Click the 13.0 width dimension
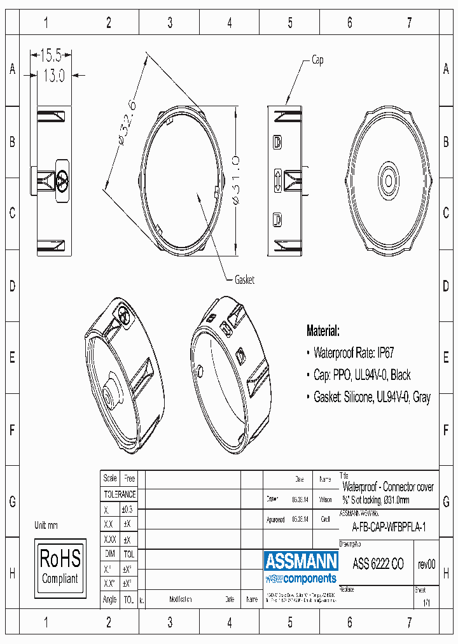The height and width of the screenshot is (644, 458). pyautogui.click(x=53, y=75)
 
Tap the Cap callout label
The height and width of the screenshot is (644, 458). pyautogui.click(x=317, y=60)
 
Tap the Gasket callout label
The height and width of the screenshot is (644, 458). pyautogui.click(x=244, y=280)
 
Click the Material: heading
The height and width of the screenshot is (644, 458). pyautogui.click(x=323, y=331)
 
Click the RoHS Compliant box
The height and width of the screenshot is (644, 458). pyautogui.click(x=60, y=566)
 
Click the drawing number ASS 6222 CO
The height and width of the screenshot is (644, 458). pyautogui.click(x=378, y=564)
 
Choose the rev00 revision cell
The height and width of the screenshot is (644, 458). pyautogui.click(x=426, y=564)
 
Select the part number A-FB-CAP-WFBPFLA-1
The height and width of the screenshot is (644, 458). pyautogui.click(x=389, y=528)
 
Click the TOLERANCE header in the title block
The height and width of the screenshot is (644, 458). pyautogui.click(x=120, y=494)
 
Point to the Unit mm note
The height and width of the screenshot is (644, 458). pyautogui.click(x=46, y=526)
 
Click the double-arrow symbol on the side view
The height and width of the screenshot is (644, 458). pyautogui.click(x=277, y=180)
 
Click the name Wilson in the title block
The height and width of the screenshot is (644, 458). pyautogui.click(x=325, y=500)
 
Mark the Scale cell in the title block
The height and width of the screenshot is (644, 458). pyautogui.click(x=110, y=478)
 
